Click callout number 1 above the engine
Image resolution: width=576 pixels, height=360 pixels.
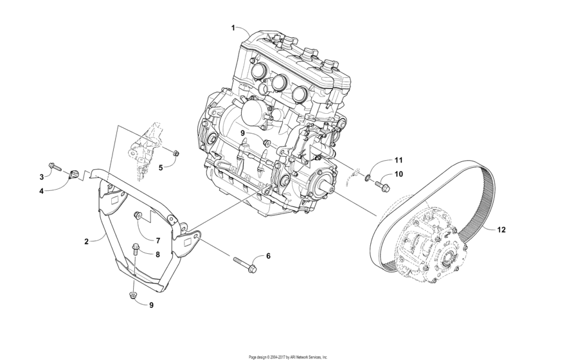[x=234, y=28]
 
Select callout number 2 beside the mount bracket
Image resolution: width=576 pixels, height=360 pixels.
[x=86, y=242]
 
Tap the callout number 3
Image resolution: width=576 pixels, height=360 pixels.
[x=42, y=177]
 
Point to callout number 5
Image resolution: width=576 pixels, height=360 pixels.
[x=161, y=167]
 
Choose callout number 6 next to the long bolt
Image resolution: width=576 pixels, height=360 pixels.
[x=268, y=256]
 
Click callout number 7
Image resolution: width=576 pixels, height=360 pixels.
[x=157, y=240]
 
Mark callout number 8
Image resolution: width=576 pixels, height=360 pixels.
[x=157, y=254]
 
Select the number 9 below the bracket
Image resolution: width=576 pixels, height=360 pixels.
[x=152, y=305]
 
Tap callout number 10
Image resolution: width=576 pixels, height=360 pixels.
[x=398, y=174]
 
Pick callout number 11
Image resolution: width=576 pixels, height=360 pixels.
[x=398, y=159]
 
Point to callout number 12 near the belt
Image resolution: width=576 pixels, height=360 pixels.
[x=501, y=230]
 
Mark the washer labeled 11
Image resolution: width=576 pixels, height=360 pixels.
[x=368, y=178]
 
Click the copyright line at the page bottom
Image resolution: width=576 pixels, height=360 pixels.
[x=287, y=356]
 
